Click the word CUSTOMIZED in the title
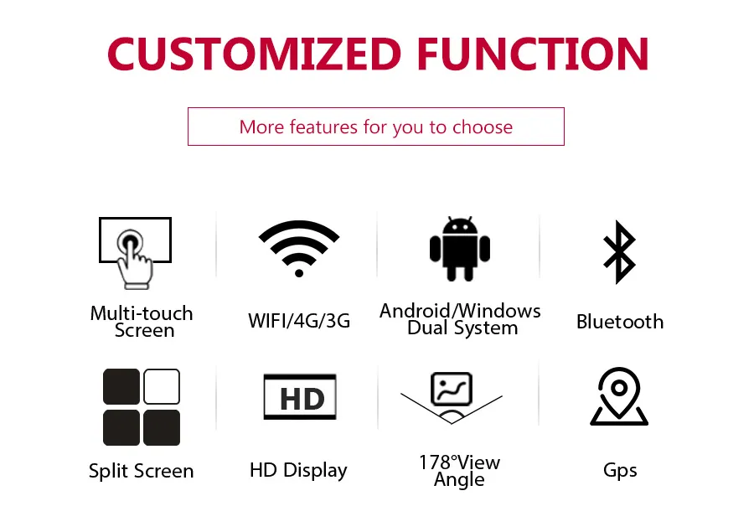pyautogui.click(x=255, y=54)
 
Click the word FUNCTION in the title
pyautogui.click(x=533, y=54)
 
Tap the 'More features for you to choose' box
pyautogui.click(x=375, y=127)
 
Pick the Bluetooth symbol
pyautogui.click(x=619, y=252)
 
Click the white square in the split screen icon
pyautogui.click(x=162, y=387)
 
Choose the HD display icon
pyautogui.click(x=300, y=397)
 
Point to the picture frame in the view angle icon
pyautogui.click(x=452, y=389)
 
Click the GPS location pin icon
pyautogui.click(x=619, y=397)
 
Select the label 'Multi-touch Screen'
pyautogui.click(x=142, y=322)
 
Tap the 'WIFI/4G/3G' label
pyautogui.click(x=299, y=321)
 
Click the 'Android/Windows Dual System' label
pyautogui.click(x=460, y=319)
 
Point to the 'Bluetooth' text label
pyautogui.click(x=619, y=322)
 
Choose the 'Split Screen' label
pyautogui.click(x=141, y=471)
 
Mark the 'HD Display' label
pyautogui.click(x=298, y=470)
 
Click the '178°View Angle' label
pyautogui.click(x=459, y=471)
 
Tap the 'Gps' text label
pyautogui.click(x=620, y=470)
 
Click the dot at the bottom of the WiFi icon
pyautogui.click(x=299, y=271)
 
